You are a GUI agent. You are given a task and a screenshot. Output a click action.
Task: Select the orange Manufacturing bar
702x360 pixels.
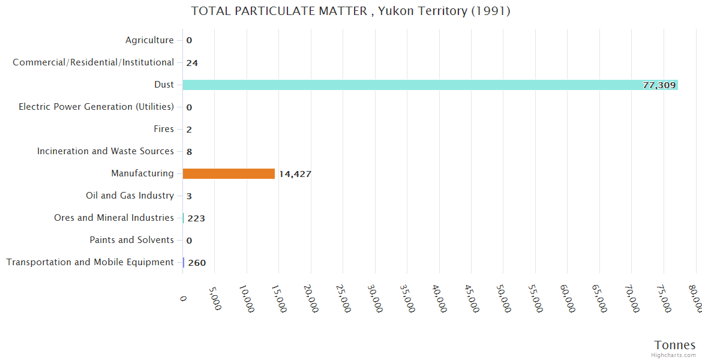tap(229, 173)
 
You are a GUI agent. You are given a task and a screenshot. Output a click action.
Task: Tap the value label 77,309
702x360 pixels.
tap(659, 85)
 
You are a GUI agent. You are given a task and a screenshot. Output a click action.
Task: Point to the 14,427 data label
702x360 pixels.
tap(295, 174)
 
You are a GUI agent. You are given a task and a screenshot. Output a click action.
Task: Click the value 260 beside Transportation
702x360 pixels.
tap(197, 263)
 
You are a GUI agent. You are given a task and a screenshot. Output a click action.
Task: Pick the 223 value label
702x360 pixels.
tap(196, 218)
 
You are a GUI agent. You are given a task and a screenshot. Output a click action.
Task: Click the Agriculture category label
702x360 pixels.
tap(149, 40)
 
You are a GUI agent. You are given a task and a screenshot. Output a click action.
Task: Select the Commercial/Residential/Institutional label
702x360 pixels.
tap(93, 62)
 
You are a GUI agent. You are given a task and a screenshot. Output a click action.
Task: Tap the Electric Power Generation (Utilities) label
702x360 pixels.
tap(96, 107)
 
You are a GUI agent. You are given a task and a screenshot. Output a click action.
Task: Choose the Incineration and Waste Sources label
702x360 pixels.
tap(105, 151)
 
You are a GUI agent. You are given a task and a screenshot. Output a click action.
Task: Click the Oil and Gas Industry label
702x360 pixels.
tap(130, 196)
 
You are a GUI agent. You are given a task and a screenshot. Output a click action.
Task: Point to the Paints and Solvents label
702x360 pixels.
tap(131, 240)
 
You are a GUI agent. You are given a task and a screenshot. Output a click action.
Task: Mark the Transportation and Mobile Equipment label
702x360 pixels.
tap(89, 262)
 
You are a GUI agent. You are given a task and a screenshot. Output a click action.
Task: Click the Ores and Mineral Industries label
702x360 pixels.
tap(113, 218)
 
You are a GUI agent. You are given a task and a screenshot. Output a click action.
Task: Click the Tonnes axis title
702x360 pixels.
tap(674, 345)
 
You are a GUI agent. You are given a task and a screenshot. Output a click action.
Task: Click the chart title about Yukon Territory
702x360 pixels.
tap(350, 11)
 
